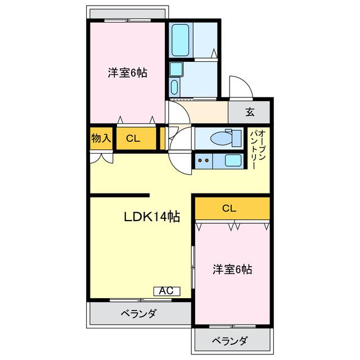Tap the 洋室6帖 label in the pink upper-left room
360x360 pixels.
click(x=128, y=73)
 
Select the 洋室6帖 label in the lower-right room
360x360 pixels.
click(x=232, y=269)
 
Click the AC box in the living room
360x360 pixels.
click(x=166, y=291)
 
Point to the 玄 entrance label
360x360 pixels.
click(x=250, y=111)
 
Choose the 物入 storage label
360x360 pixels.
click(x=101, y=138)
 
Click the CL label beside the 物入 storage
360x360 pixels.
click(x=133, y=138)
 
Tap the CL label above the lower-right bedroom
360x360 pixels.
click(x=228, y=208)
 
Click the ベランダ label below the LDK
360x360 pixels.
click(x=138, y=314)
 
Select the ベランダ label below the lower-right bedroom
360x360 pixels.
click(x=230, y=341)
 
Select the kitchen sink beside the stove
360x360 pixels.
click(x=233, y=160)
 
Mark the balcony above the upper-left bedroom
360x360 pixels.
click(x=128, y=13)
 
